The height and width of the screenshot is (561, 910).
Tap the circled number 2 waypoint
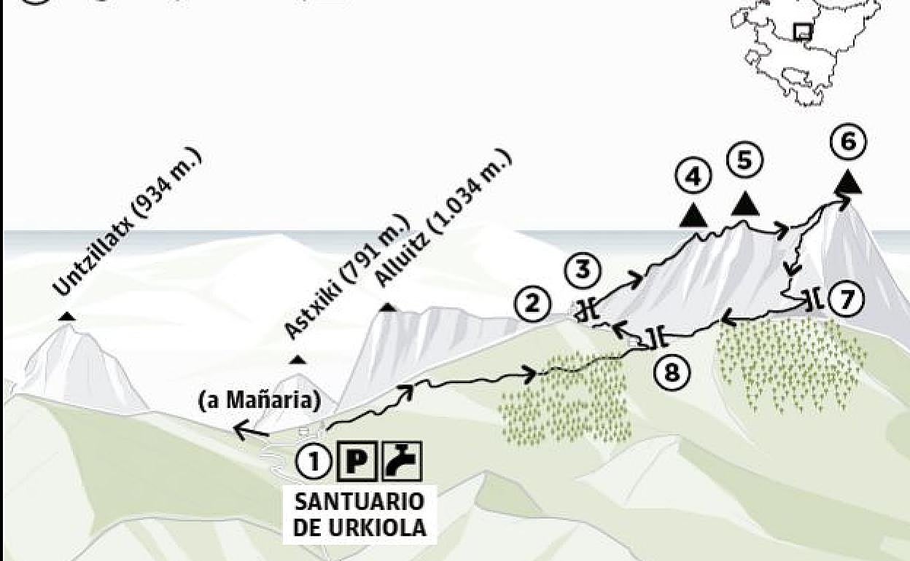tap(532, 304)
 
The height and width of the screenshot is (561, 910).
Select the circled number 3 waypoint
tap(583, 270)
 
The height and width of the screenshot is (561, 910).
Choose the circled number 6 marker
tap(848, 142)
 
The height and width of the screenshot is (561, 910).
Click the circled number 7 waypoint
tap(846, 299)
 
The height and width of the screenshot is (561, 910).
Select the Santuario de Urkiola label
tap(359, 514)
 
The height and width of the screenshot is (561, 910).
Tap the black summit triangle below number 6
tap(848, 183)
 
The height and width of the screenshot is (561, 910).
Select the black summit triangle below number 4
tap(693, 214)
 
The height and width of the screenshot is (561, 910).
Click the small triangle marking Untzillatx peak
tap(67, 316)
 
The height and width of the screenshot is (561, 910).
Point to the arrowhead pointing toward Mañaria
tap(238, 432)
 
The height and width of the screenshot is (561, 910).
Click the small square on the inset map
tap(803, 31)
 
